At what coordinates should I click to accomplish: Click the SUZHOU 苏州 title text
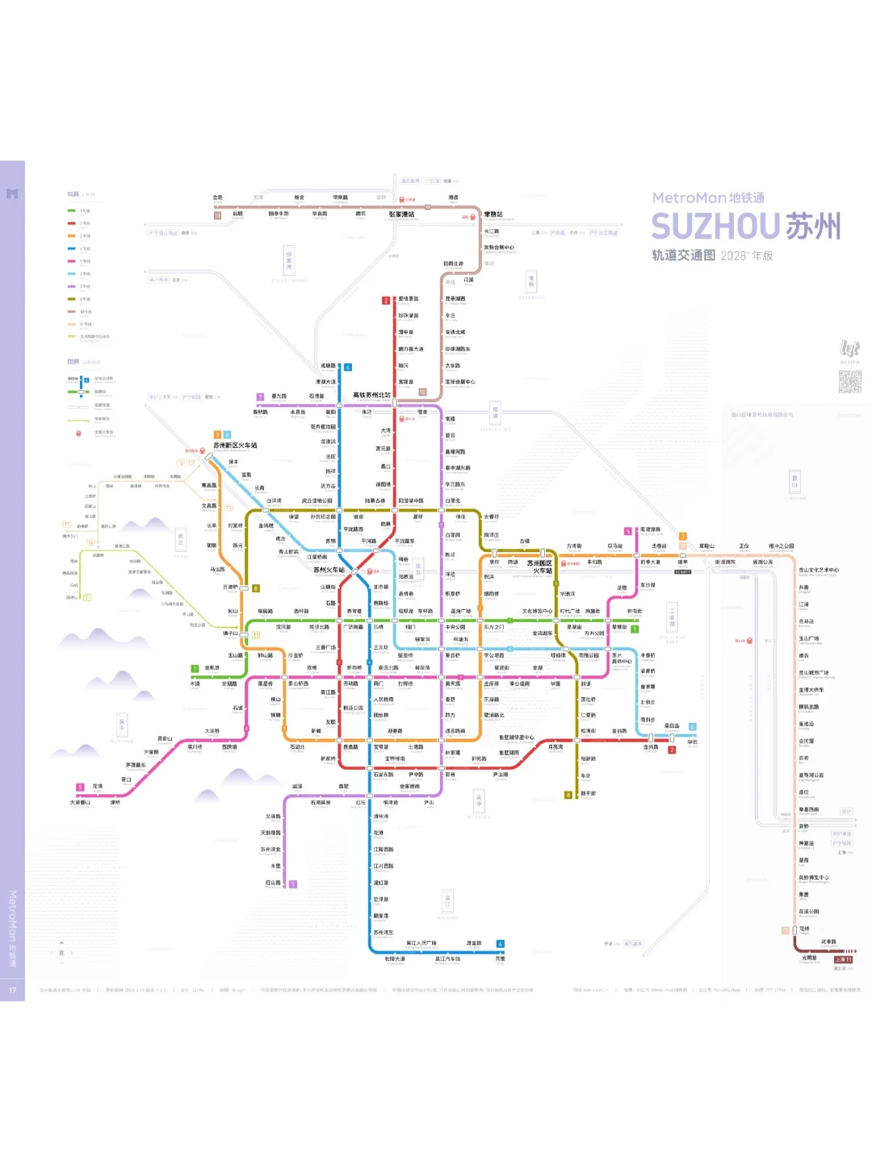click(x=746, y=227)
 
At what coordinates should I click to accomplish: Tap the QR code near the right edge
click(x=849, y=382)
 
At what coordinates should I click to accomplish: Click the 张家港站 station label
click(x=401, y=215)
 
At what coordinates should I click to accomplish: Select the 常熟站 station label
click(x=493, y=215)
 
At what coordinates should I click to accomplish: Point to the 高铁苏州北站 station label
click(x=371, y=395)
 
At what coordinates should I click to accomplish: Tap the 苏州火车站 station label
click(x=329, y=570)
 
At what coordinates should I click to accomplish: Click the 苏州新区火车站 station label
click(x=235, y=445)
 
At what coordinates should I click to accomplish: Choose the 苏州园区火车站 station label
click(x=540, y=566)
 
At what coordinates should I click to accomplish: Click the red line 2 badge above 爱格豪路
click(x=386, y=301)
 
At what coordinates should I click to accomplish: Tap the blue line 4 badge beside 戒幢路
click(x=348, y=367)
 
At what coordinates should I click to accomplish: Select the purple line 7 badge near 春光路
click(x=260, y=397)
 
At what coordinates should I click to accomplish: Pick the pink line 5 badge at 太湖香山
click(x=80, y=787)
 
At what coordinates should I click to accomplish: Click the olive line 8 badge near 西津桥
click(x=256, y=588)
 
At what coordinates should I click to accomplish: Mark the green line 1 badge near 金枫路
click(x=195, y=668)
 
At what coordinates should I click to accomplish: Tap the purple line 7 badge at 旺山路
click(x=292, y=884)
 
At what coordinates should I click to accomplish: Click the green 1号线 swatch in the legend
click(x=72, y=211)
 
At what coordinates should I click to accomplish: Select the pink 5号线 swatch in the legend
click(x=72, y=261)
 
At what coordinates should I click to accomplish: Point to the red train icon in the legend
click(x=78, y=433)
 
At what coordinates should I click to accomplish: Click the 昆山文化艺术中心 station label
click(x=819, y=570)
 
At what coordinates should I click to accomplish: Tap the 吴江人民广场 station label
click(x=421, y=943)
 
